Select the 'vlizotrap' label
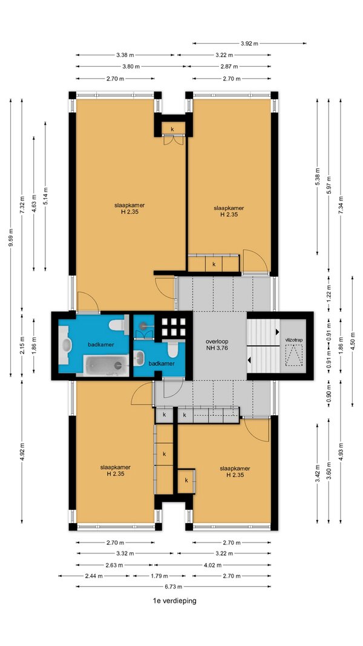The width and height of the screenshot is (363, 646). pos(293,340)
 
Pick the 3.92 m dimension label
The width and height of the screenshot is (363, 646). pos(249,43)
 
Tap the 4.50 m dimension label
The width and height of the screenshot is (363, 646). pos(352,341)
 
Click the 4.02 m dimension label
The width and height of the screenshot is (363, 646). pos(217,565)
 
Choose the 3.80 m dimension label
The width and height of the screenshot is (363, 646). pos(131,67)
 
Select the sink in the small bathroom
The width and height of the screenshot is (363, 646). pos(139,358)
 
